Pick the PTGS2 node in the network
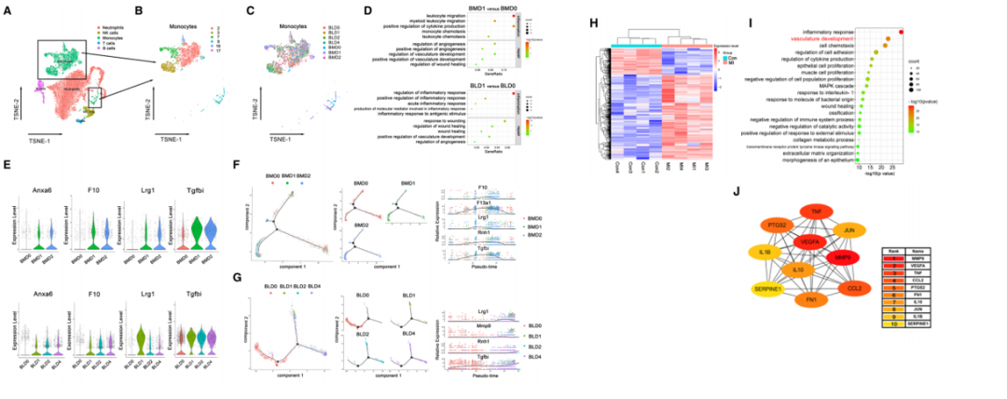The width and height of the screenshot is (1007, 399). click(776, 225)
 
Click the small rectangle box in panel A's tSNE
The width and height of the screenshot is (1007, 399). click(94, 98)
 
